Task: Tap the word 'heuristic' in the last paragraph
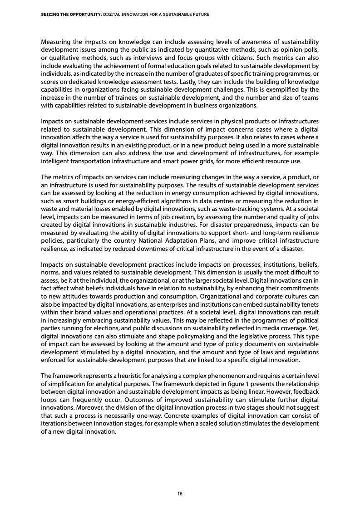point(114,376)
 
